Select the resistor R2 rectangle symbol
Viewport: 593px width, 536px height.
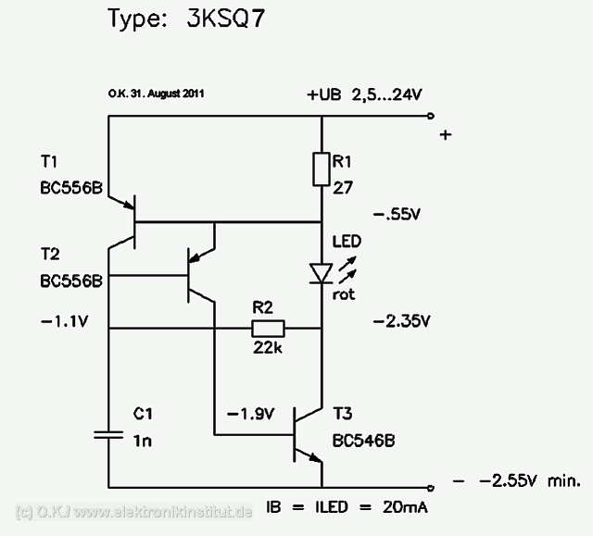click(x=268, y=329)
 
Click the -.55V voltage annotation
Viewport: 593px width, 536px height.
click(x=397, y=214)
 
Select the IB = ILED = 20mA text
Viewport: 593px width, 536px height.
click(x=347, y=508)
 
